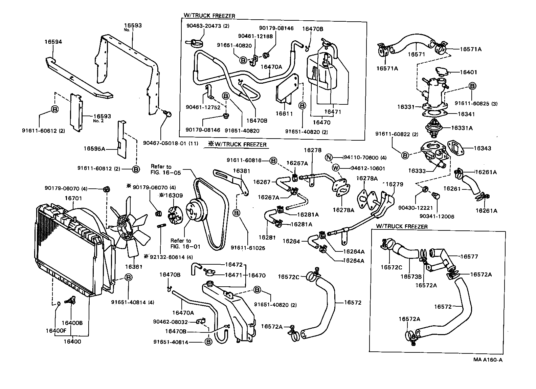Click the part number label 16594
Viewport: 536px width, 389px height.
(x=53, y=42)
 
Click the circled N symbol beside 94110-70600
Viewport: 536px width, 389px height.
(x=328, y=157)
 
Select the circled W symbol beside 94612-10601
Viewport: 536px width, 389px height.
(x=336, y=168)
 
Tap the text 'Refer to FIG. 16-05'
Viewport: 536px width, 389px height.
(x=166, y=169)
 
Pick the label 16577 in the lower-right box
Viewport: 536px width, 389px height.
(x=470, y=257)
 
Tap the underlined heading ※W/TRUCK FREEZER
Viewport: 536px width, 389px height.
(x=237, y=145)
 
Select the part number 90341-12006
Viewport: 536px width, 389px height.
(x=437, y=216)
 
